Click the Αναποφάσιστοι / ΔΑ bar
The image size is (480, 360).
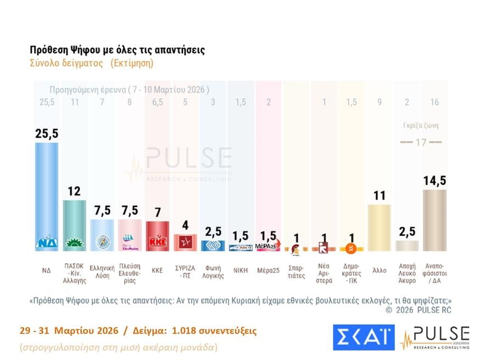coord(434,220)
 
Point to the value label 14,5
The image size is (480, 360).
coord(434,181)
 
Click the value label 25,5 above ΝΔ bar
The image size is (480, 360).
coord(46,134)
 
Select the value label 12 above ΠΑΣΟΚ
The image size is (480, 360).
coord(74,191)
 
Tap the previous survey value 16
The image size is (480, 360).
coord(434,103)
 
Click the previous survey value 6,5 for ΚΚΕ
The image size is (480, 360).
coord(157,103)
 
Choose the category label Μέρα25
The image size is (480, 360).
coord(268,271)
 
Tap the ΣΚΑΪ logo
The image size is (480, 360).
coord(364,337)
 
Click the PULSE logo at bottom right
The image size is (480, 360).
coord(436,337)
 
